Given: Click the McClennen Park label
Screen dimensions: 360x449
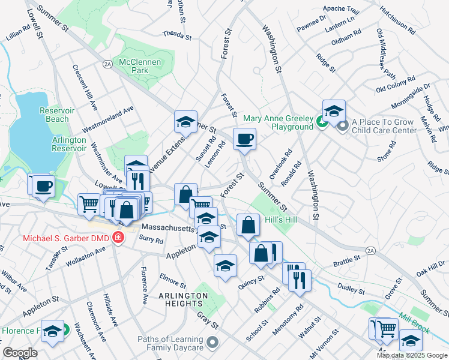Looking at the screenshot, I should tap(133, 66).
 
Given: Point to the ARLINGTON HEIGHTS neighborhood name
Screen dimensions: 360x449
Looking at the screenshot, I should tap(183, 300).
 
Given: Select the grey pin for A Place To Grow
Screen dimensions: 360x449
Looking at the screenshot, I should tap(343, 126).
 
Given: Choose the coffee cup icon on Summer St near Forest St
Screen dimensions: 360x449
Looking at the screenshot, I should tap(244, 140).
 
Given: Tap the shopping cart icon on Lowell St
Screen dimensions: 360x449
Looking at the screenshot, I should tap(89, 204).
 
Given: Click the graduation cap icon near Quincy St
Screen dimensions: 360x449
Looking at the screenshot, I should tap(225, 266).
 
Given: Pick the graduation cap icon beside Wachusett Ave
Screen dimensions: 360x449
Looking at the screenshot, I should tap(53, 332).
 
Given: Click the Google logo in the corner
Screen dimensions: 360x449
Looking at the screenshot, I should tap(20, 353).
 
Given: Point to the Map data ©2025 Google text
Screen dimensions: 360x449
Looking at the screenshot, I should tap(412, 355).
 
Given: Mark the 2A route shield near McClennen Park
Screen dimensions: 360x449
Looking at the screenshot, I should tap(107, 63).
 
